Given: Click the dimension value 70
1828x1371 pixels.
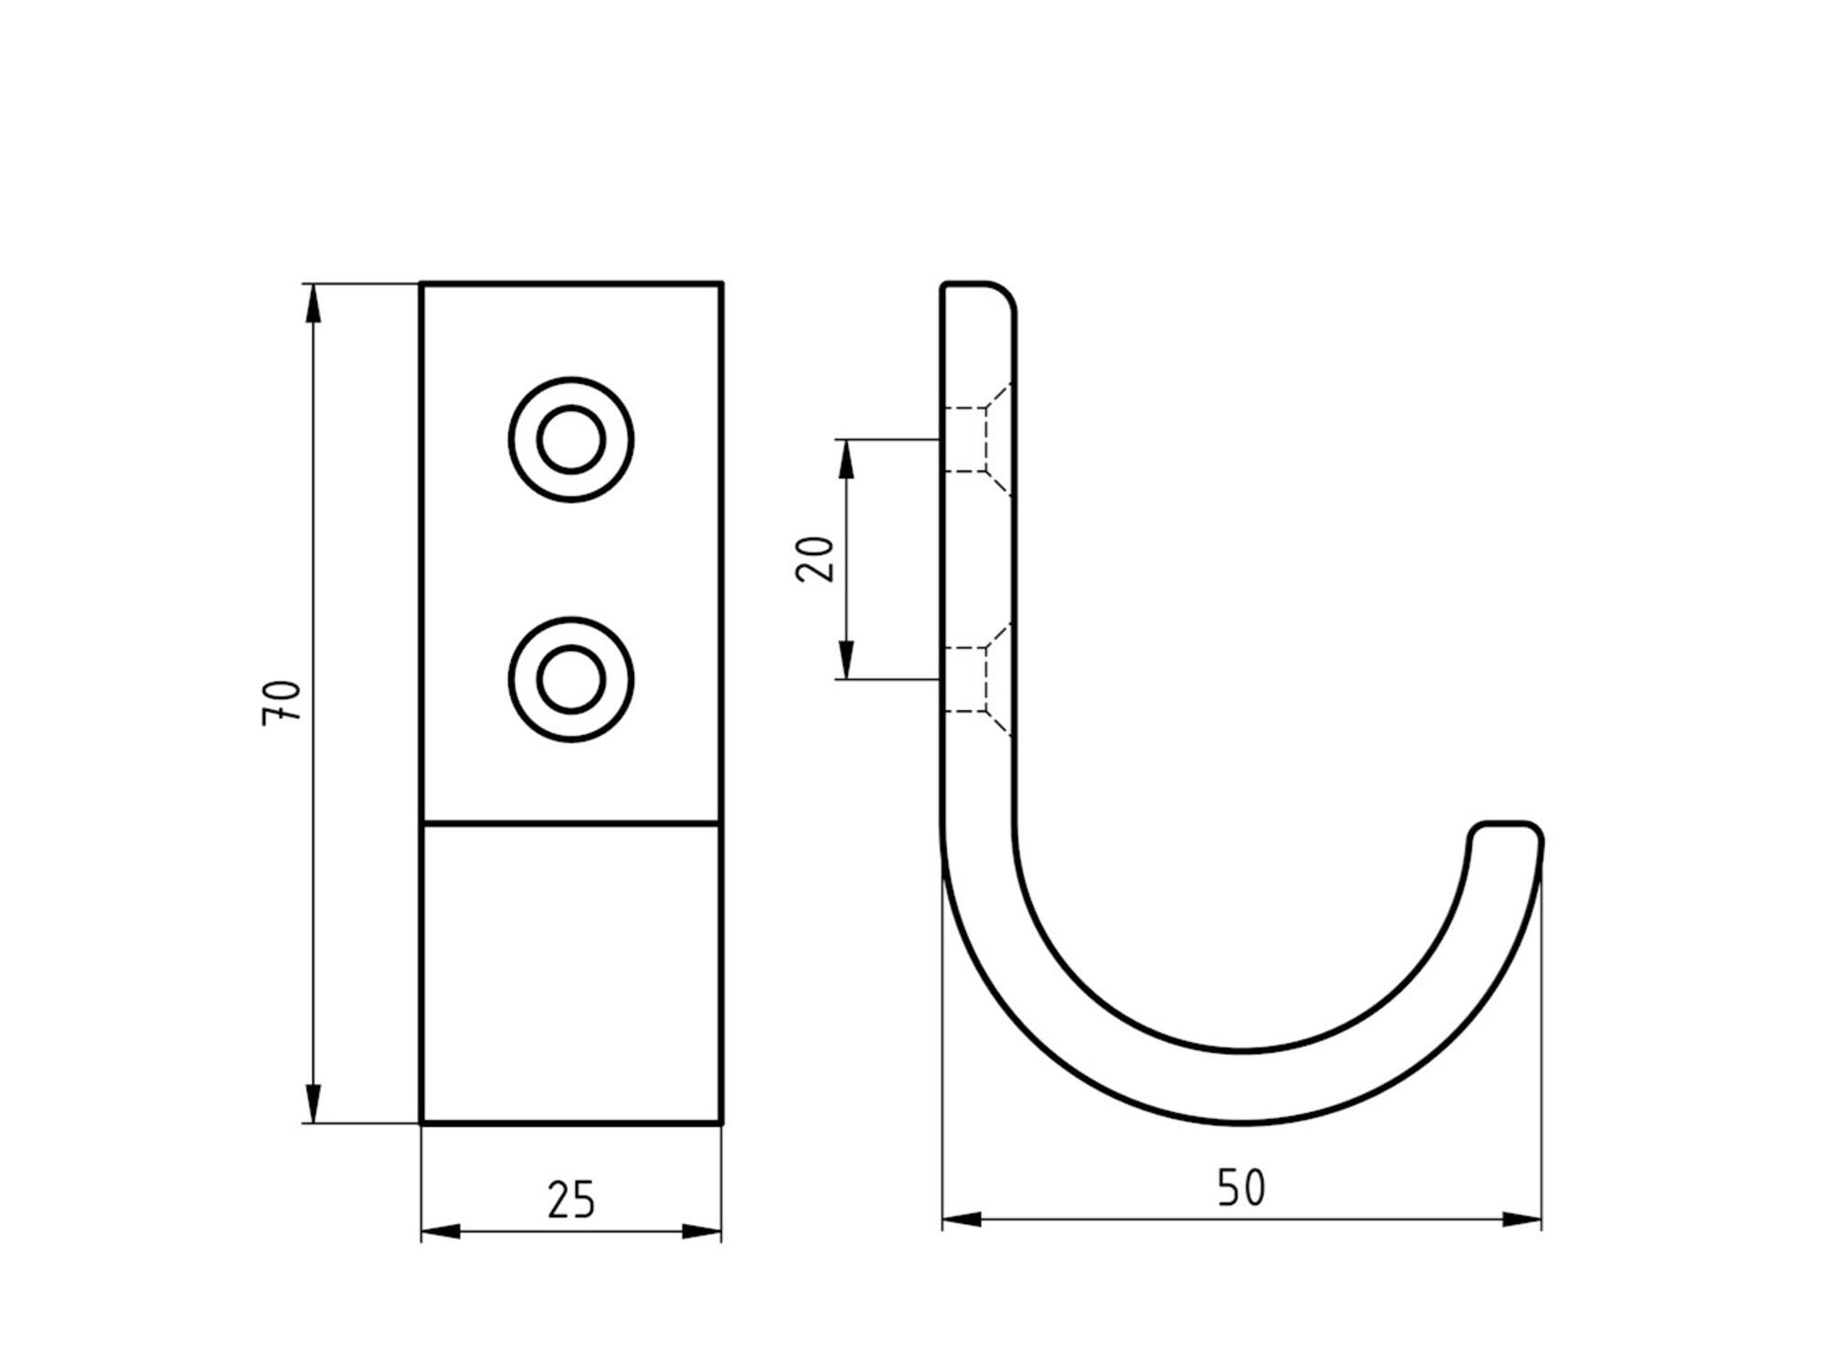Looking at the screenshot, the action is [x=282, y=703].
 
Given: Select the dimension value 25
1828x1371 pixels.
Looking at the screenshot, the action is [x=571, y=1200].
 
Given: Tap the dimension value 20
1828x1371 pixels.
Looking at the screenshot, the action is [x=815, y=558].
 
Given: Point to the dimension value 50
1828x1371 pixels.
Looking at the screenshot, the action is [x=1241, y=1187].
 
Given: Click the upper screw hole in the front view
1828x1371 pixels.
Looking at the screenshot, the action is [x=571, y=440].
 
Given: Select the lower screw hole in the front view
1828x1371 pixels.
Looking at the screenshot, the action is [x=571, y=680].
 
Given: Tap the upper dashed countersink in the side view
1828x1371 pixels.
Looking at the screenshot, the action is [x=977, y=440].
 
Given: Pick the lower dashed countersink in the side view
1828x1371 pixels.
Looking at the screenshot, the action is [x=977, y=680].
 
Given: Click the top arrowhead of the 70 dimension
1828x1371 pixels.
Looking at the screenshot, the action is [x=314, y=303].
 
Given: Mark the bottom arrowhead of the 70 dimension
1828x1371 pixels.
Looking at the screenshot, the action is [x=314, y=1103].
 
